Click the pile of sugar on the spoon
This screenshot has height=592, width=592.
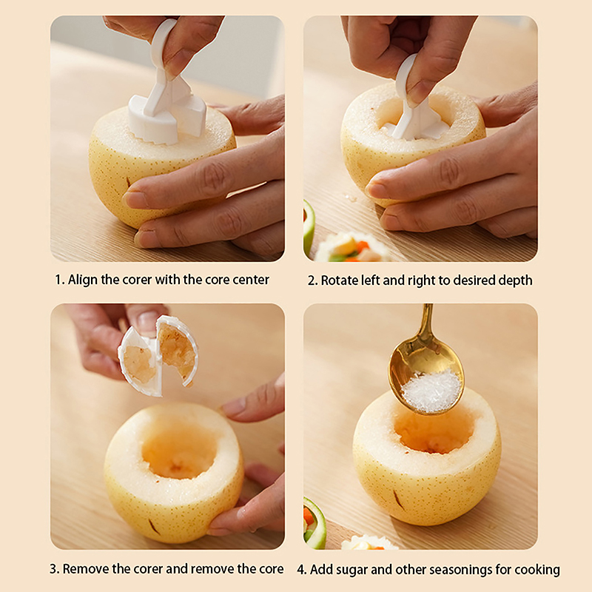point(431,392)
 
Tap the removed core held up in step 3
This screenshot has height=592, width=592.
point(158,356)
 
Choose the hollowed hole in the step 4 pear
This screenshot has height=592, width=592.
point(434,432)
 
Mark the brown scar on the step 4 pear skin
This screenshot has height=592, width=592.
point(399,499)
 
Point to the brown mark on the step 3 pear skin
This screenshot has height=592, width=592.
point(154,527)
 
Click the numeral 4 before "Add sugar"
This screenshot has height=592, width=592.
point(301,569)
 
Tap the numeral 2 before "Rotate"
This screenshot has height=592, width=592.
point(312,281)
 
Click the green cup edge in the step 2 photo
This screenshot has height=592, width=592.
point(309,226)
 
